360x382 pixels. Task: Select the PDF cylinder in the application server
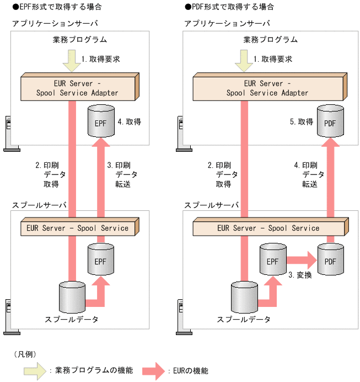(330, 122)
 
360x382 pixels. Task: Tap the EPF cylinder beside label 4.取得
(101, 121)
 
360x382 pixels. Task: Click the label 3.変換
(300, 274)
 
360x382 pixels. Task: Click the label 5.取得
(302, 121)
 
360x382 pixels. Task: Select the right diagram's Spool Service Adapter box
(267, 88)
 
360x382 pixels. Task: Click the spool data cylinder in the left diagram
(72, 298)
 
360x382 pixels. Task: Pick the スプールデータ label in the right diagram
(244, 320)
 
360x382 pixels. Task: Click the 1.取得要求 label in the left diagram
(101, 59)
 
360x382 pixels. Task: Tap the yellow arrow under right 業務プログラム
(243, 60)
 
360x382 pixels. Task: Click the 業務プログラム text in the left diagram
(80, 40)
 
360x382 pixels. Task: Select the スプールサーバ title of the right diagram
(212, 205)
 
